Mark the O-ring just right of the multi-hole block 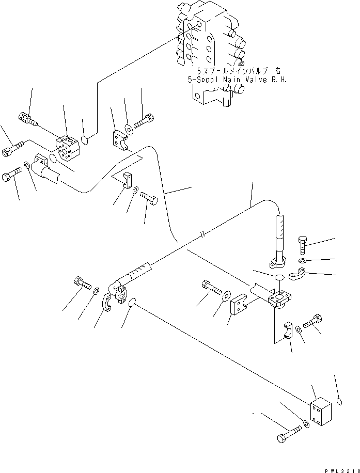(87, 139)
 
